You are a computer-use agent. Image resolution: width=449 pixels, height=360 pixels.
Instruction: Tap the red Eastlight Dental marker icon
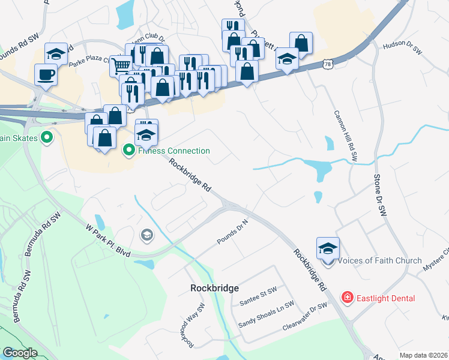pyautogui.click(x=346, y=297)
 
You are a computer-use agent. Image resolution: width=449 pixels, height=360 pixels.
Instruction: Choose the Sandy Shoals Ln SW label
pyautogui.click(x=267, y=315)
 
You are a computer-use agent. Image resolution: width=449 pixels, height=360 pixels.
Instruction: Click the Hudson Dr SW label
pyautogui.click(x=402, y=47)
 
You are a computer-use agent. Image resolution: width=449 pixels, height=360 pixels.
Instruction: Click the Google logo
pyautogui.click(x=20, y=353)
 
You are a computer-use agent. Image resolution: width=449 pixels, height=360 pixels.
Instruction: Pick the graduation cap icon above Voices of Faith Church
pyautogui.click(x=328, y=248)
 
